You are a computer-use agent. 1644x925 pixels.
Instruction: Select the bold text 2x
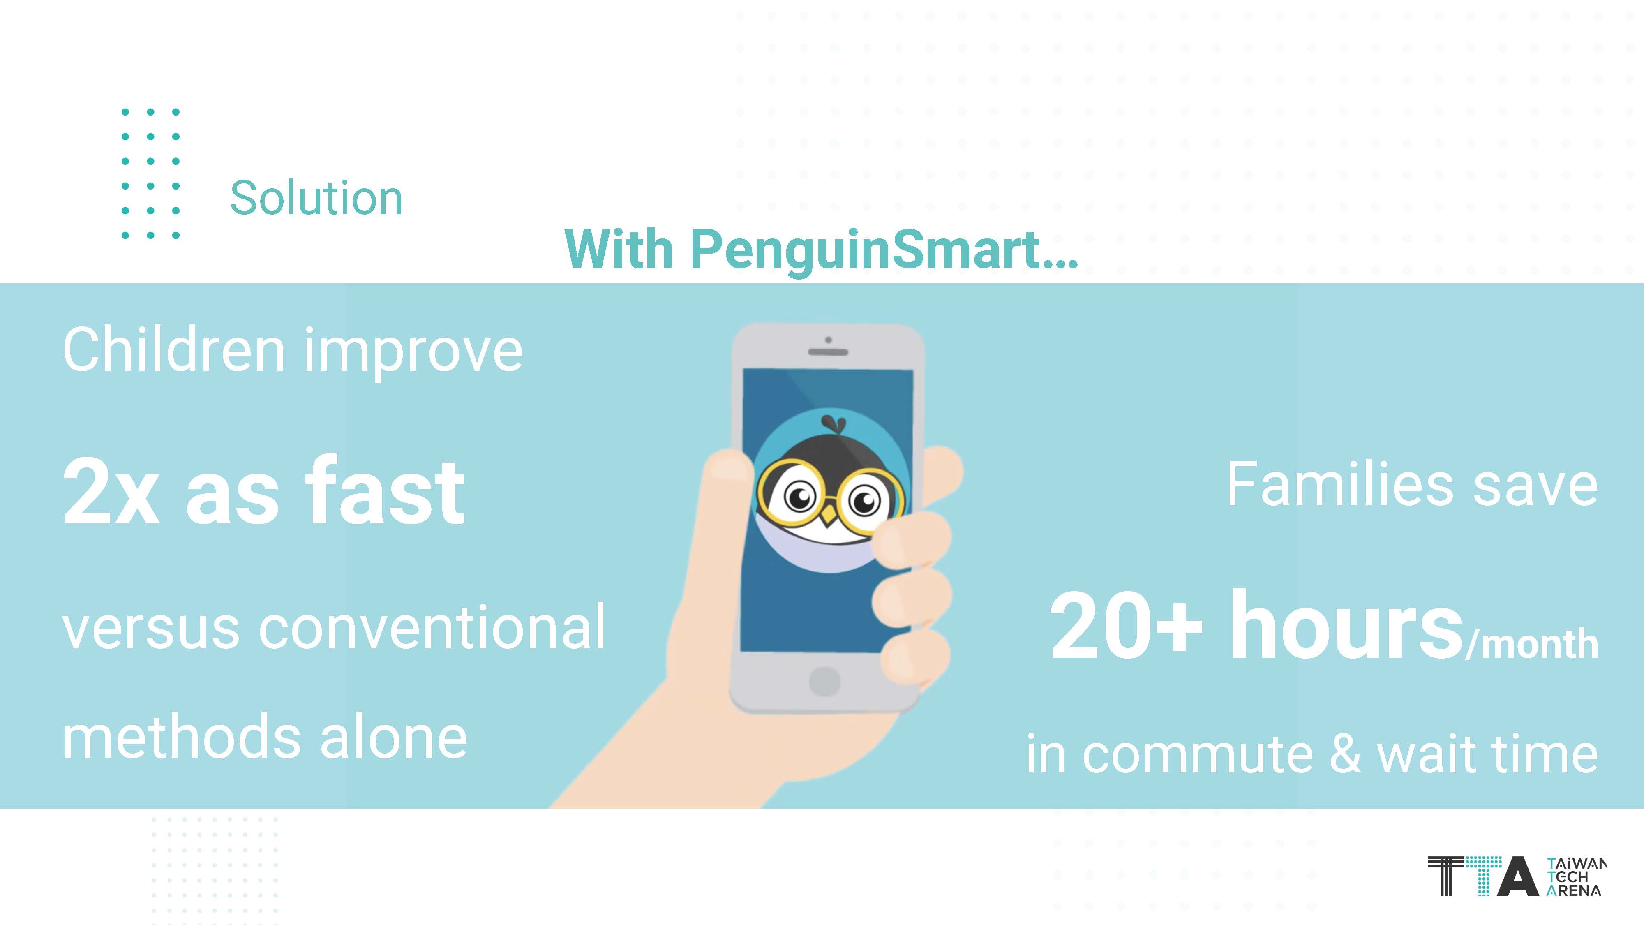[111, 492]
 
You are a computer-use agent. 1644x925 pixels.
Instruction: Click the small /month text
[1532, 643]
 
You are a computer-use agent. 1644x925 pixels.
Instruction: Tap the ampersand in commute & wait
[1345, 754]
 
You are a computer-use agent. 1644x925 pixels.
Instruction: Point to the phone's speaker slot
[828, 352]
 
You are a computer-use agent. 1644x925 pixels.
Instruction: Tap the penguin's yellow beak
[829, 515]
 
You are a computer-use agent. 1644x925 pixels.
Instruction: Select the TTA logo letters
[1482, 876]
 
